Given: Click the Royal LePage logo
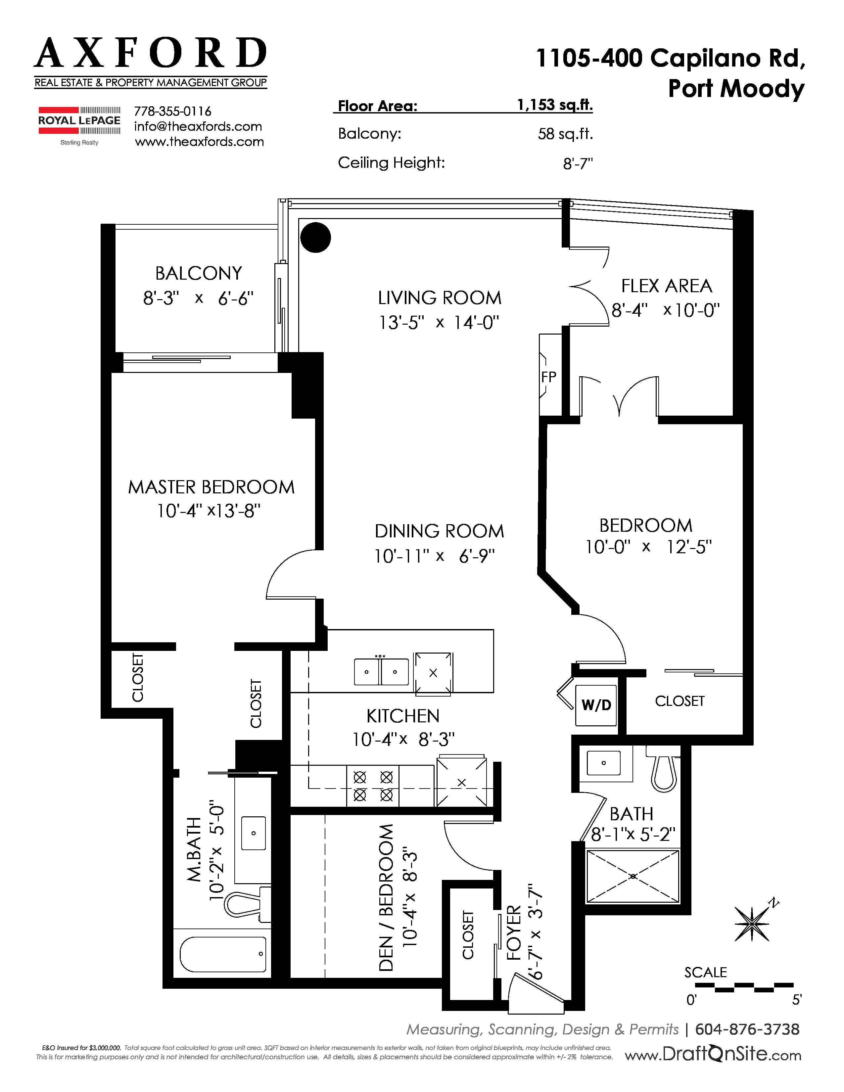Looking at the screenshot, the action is pyautogui.click(x=79, y=125).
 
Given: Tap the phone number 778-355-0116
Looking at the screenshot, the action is pyautogui.click(x=172, y=111).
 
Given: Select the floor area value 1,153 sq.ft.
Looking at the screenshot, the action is pyautogui.click(x=555, y=105).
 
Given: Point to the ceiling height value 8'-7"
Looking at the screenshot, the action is pyautogui.click(x=578, y=163).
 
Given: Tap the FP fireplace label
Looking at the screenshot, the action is pyautogui.click(x=548, y=377).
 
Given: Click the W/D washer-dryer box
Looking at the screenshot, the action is pyautogui.click(x=596, y=705).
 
